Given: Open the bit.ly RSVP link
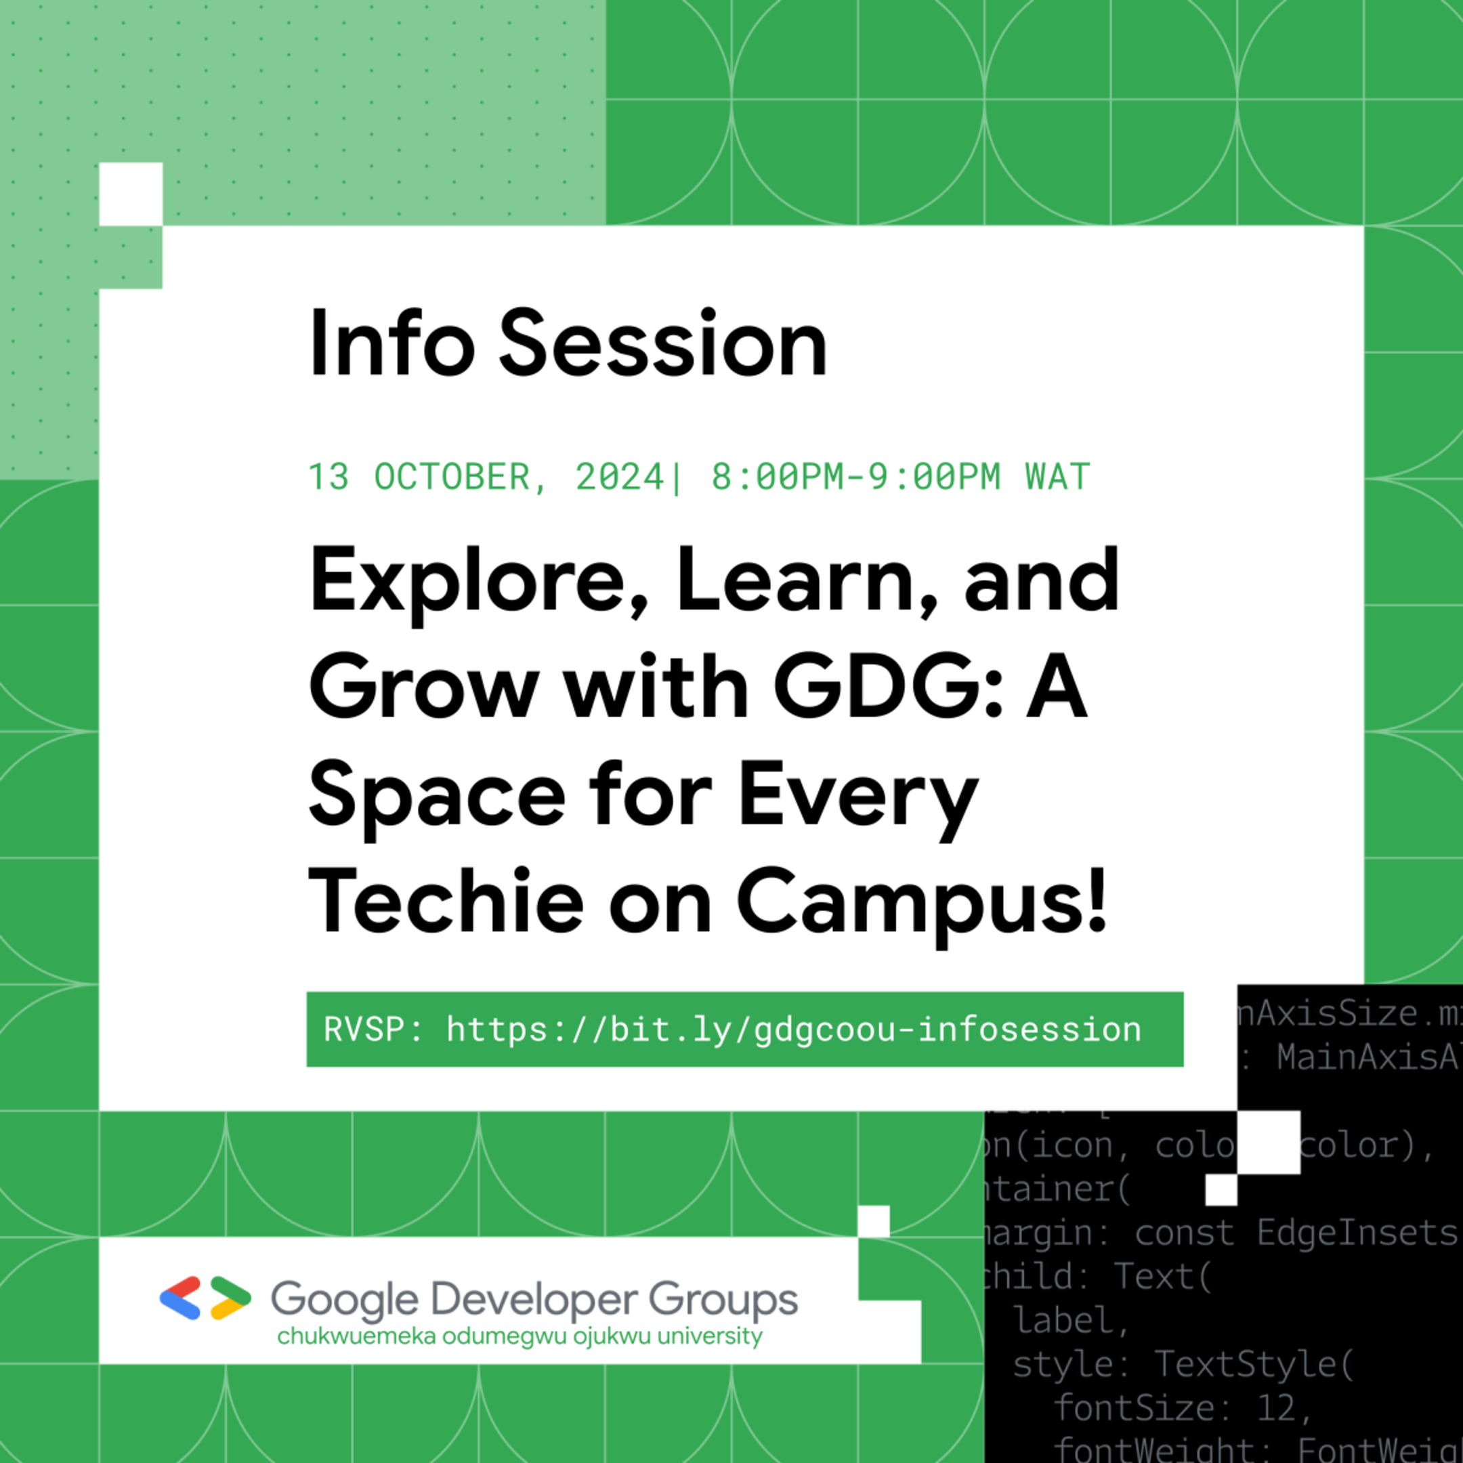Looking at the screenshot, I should tap(793, 1030).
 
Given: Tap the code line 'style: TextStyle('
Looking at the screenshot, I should tap(1182, 1364).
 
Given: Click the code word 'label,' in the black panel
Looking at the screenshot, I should tap(1071, 1321).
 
